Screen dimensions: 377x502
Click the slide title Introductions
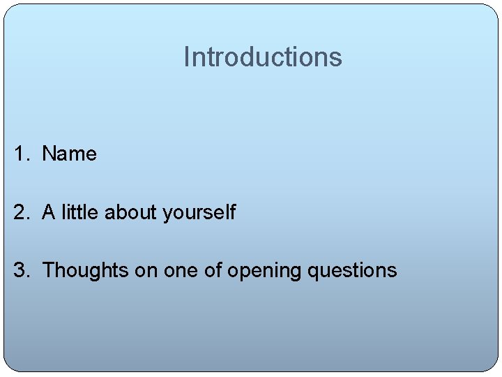pos(263,57)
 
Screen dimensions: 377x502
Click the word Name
pos(69,154)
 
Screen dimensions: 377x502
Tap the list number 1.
pos(20,154)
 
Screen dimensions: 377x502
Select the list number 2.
pos(20,212)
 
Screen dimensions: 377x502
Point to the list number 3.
pos(20,270)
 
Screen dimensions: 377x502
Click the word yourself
pos(199,213)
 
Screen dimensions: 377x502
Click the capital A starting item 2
pos(49,212)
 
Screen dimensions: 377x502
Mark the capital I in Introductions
pos(186,57)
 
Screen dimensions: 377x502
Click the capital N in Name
pos(49,154)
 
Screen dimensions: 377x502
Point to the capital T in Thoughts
pos(48,270)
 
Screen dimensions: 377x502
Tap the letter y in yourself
pos(167,214)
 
